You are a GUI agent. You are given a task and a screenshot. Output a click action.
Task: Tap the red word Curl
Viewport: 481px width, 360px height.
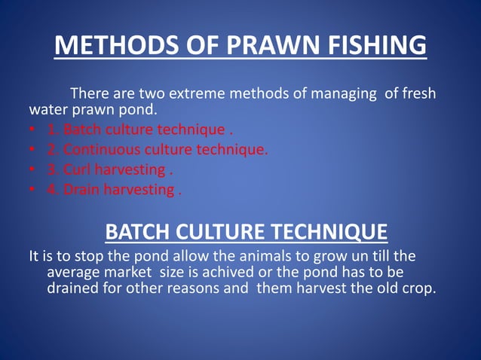77,169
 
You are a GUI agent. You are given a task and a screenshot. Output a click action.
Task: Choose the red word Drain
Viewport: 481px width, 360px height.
81,189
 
